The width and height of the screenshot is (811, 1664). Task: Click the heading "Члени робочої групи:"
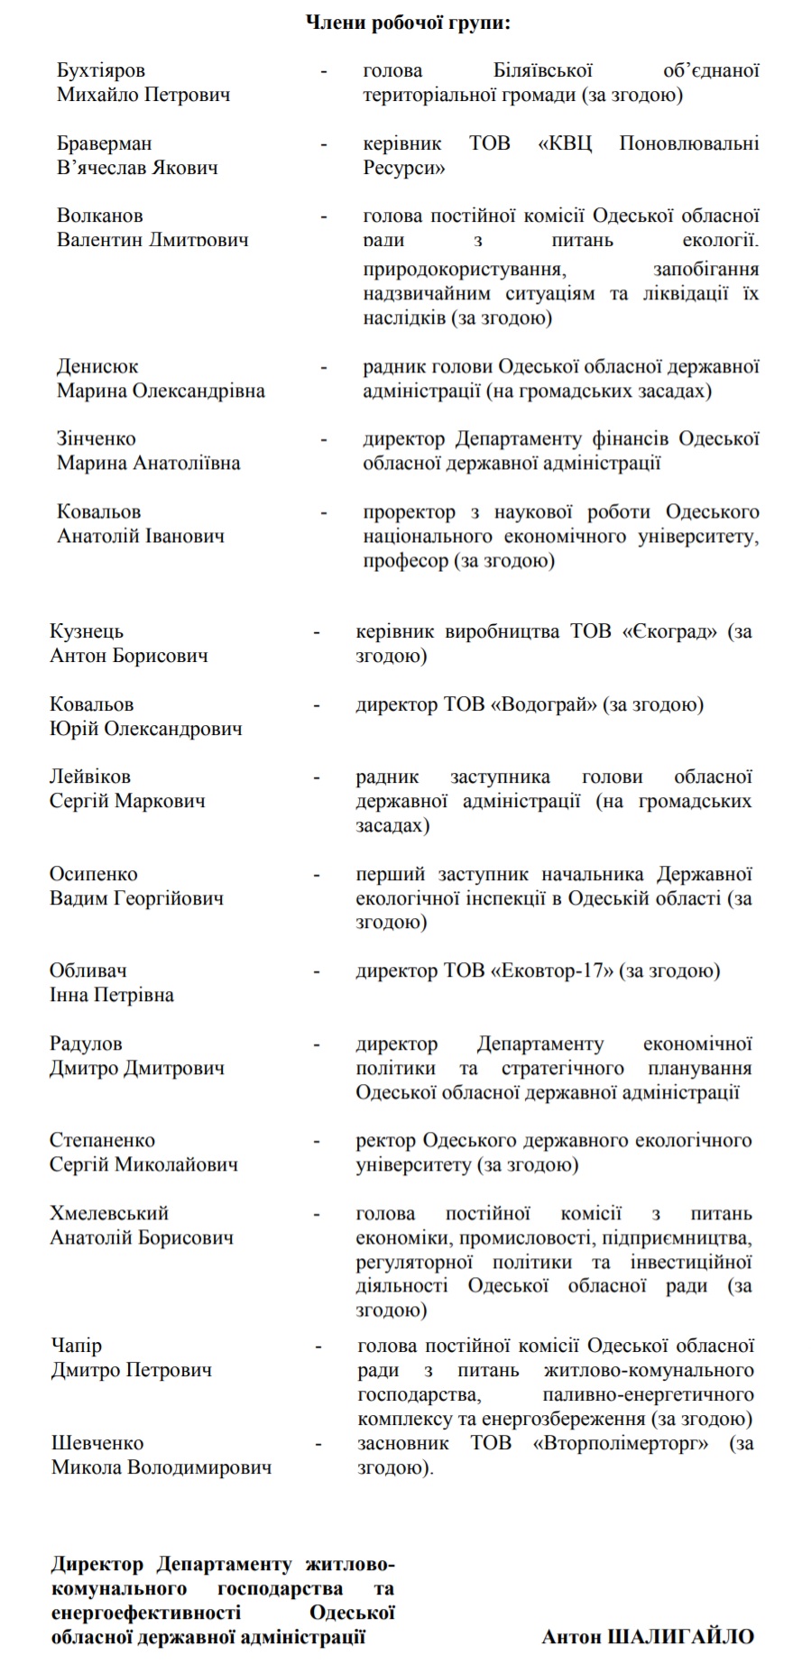[x=407, y=23]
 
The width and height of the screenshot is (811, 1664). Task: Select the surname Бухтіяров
[x=100, y=70]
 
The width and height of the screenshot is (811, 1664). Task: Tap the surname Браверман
[x=104, y=143]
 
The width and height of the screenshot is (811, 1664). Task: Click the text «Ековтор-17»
[x=552, y=971]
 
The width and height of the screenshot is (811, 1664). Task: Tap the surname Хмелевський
[x=109, y=1213]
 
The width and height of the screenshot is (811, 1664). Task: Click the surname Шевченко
[x=97, y=1443]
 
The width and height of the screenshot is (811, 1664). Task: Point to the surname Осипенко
[x=94, y=874]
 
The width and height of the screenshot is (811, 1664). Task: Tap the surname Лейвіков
[x=90, y=777]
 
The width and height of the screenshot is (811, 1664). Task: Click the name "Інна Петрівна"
[x=112, y=995]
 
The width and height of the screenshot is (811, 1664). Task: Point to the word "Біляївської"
[x=542, y=70]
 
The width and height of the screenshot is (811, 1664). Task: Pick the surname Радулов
[x=86, y=1043]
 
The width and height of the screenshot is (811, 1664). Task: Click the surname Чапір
[x=77, y=1346]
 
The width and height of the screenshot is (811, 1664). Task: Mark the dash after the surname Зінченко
[x=324, y=440]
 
